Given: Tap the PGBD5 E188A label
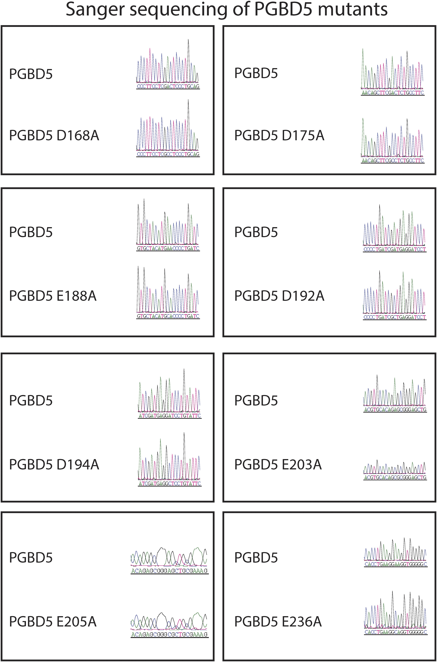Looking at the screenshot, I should (53, 296).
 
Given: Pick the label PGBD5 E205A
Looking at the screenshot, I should (53, 622).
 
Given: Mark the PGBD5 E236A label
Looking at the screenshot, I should (278, 622).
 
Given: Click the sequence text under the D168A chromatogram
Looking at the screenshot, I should (168, 154).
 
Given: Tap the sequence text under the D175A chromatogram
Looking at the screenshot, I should (392, 161).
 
